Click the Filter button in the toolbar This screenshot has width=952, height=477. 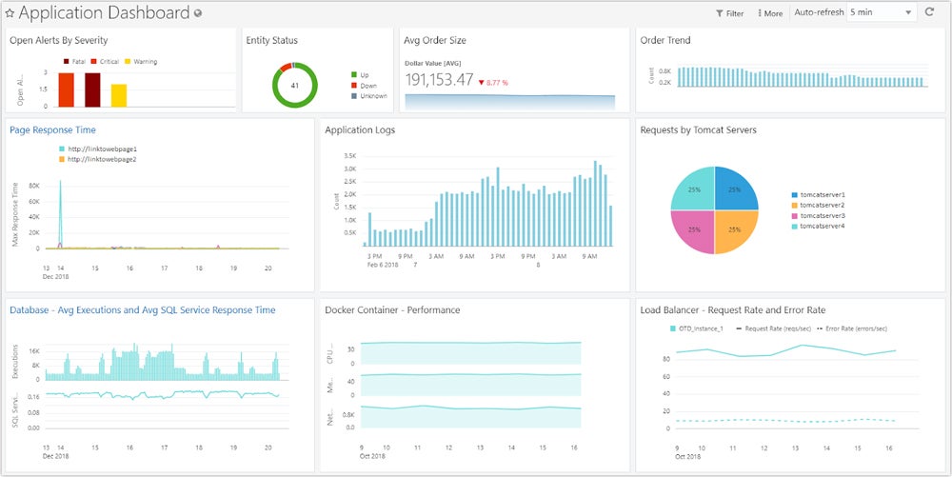coord(729,13)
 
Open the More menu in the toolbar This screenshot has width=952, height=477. coord(769,13)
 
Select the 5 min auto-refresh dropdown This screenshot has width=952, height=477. coord(881,12)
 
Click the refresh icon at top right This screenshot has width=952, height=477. coord(930,12)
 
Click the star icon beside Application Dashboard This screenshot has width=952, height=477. coord(10,13)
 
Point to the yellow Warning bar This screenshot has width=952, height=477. coord(119,95)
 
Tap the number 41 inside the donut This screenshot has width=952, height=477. coord(295,86)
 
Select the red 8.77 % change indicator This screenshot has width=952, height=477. coord(493,83)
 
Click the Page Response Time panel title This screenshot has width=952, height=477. coord(52,129)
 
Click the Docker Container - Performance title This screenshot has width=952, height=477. coord(392,310)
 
